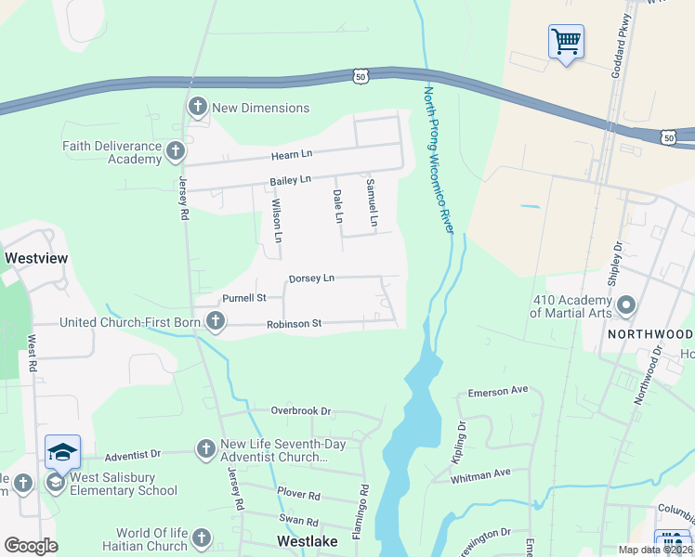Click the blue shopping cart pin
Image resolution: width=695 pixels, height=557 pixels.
[x=566, y=42]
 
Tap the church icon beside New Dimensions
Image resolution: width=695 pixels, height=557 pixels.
[x=197, y=108]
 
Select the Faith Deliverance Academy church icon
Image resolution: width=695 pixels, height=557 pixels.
[x=176, y=151]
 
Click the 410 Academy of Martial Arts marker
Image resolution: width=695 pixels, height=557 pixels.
[x=626, y=304]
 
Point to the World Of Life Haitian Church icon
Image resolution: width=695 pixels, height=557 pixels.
[x=201, y=538]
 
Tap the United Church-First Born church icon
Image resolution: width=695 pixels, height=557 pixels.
[x=216, y=322]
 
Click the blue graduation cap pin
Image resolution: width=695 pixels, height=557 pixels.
[x=62, y=452]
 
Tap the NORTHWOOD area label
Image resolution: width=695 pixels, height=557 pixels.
[x=650, y=333]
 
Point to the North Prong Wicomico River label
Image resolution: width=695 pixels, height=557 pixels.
[x=438, y=159]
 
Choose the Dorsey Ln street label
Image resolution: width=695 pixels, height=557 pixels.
[x=311, y=278]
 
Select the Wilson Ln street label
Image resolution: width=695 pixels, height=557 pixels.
[x=276, y=222]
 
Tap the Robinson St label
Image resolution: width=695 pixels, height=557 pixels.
[x=294, y=324]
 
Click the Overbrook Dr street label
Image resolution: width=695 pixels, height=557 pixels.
[x=301, y=410]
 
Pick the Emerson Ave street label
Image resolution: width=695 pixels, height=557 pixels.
[x=498, y=392]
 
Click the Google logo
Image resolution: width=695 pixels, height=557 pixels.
[x=31, y=546]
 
